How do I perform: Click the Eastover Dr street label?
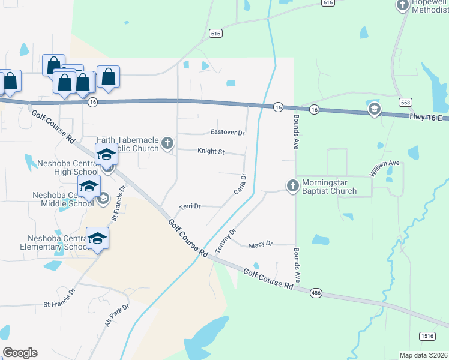(x=228, y=133)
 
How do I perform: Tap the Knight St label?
(x=211, y=152)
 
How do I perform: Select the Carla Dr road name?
(x=240, y=184)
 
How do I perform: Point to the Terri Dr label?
(x=190, y=206)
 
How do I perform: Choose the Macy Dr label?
(x=261, y=244)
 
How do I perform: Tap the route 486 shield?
(x=316, y=293)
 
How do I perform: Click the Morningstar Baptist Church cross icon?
(x=292, y=185)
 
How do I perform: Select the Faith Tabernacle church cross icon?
(x=167, y=144)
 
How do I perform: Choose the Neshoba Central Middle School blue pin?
(x=88, y=187)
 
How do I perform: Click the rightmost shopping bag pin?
(x=108, y=77)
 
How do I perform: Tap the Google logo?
(x=20, y=353)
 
